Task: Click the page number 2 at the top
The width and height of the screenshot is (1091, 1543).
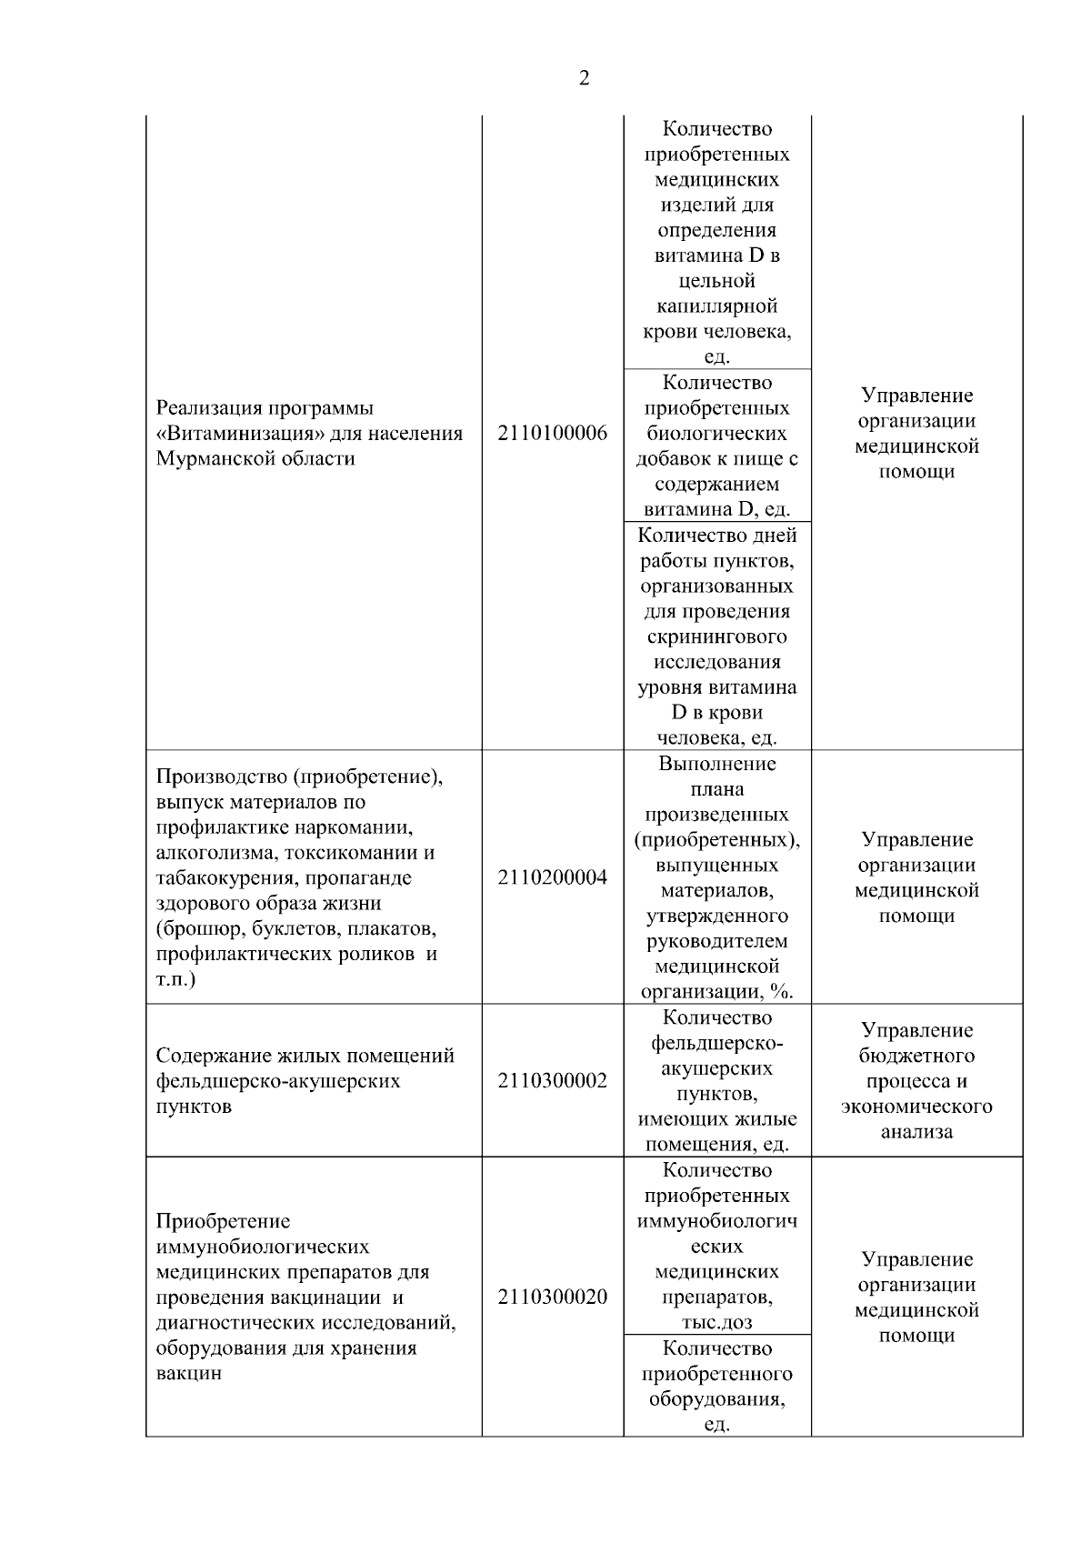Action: (584, 79)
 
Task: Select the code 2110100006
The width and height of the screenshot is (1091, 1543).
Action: (553, 434)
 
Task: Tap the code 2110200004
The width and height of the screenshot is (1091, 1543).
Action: (553, 878)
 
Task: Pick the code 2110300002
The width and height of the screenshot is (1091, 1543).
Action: (553, 1081)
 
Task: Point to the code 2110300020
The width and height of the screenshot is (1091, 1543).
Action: (553, 1298)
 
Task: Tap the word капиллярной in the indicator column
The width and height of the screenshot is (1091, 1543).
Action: (717, 307)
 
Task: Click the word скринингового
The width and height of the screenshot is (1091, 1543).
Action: (717, 636)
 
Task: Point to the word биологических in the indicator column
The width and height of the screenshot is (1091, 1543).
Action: (717, 434)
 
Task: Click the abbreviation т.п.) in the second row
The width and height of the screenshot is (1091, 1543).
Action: (176, 980)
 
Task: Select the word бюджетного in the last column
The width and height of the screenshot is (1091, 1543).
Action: (916, 1057)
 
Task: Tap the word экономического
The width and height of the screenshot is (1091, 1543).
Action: (916, 1107)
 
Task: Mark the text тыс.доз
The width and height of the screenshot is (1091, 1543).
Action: (717, 1323)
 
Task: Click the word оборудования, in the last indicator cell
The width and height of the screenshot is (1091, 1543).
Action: (717, 1399)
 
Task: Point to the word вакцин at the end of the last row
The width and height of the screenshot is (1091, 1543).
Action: (189, 1374)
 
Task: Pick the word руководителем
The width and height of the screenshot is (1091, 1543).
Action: (717, 941)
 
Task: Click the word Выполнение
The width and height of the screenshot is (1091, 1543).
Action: (717, 764)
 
